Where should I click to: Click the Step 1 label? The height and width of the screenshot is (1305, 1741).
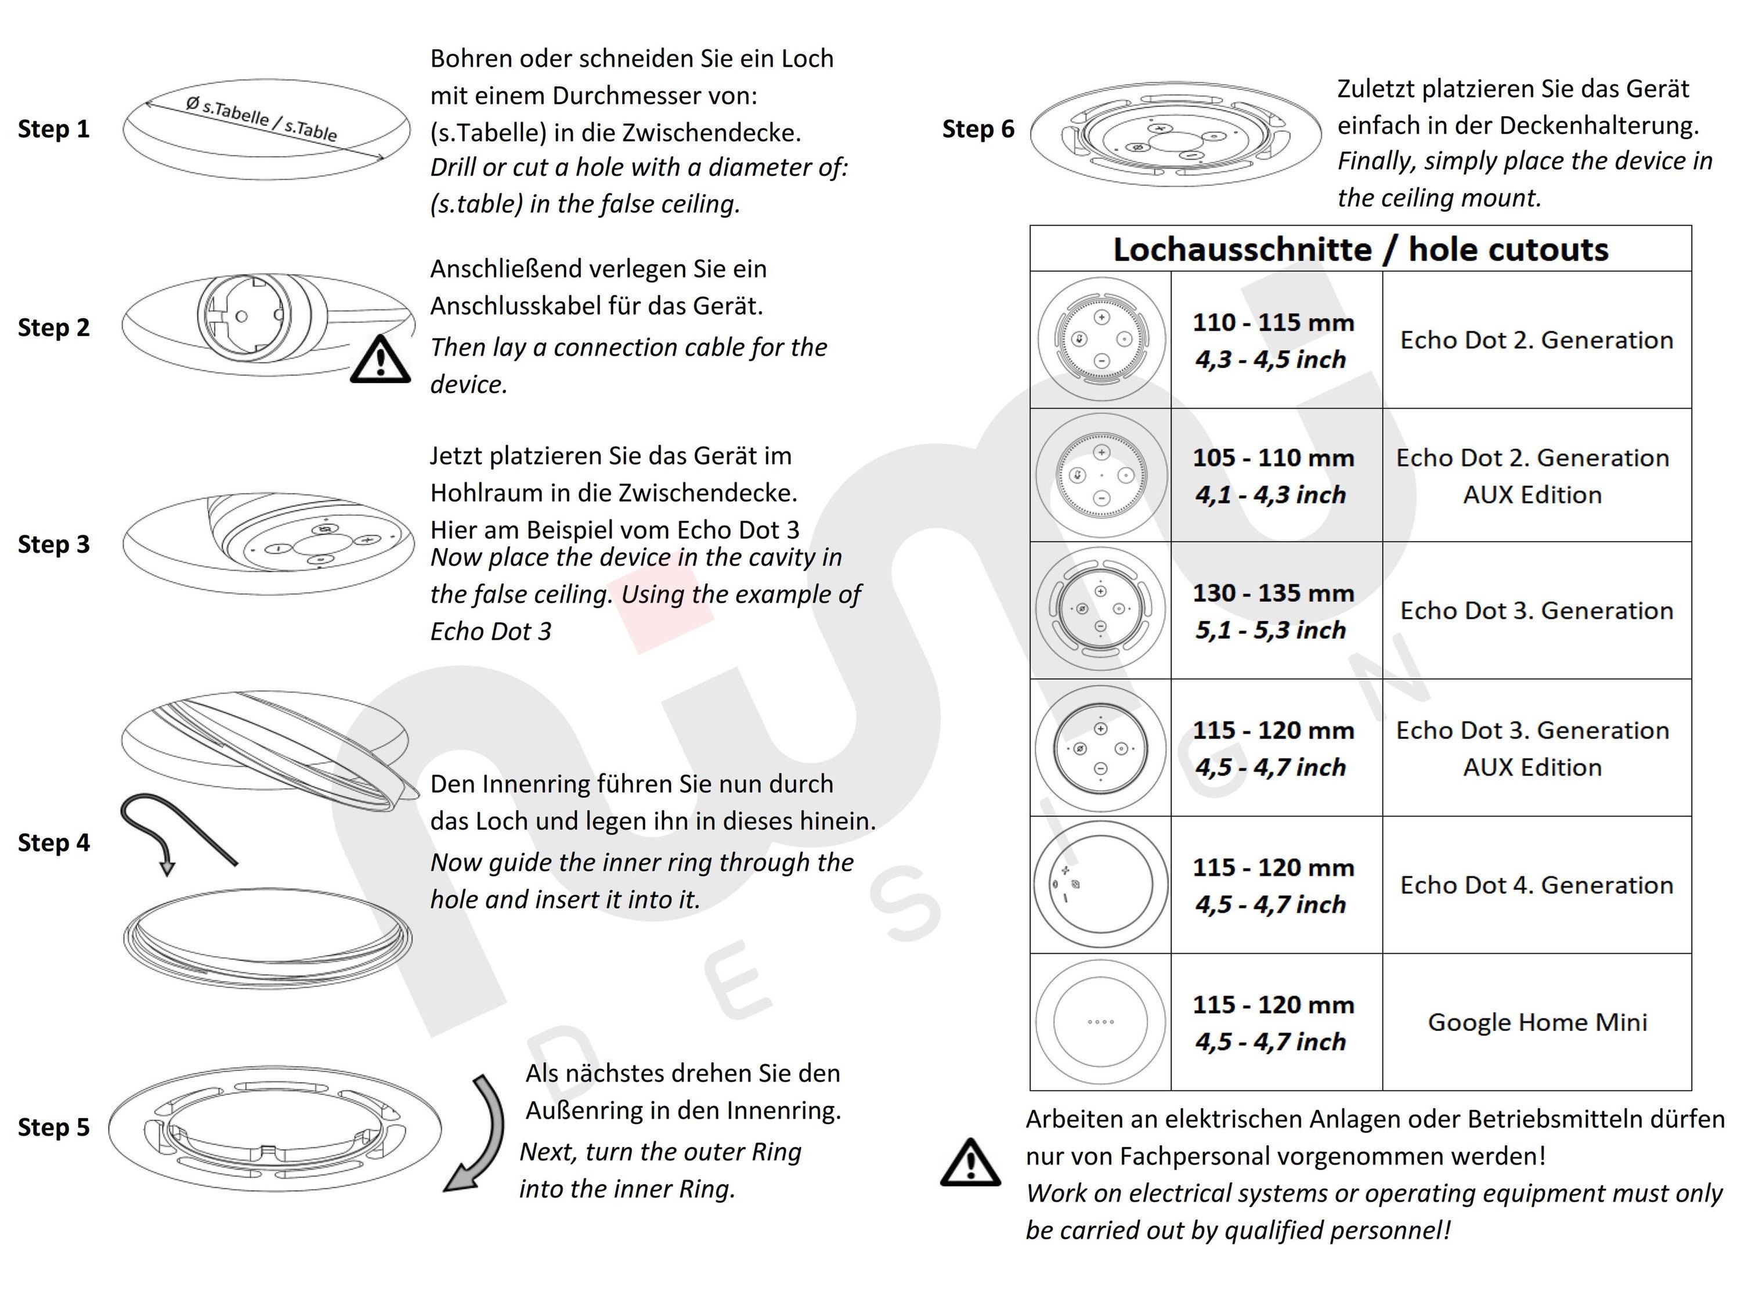pos(53,129)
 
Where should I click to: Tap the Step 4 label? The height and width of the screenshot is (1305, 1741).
pos(53,843)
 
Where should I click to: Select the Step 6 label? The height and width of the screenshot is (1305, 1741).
pos(978,129)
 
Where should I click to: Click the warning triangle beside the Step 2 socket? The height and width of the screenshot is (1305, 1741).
pos(380,360)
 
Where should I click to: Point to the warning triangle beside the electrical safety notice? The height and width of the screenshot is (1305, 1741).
pos(970,1163)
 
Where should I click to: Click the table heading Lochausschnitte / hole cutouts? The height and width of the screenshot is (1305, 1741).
pos(1360,250)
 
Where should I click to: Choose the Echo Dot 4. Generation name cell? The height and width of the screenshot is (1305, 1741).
pos(1536,885)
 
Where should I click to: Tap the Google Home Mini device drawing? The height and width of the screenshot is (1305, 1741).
pos(1100,1022)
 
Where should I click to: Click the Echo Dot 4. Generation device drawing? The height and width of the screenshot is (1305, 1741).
pos(1100,885)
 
